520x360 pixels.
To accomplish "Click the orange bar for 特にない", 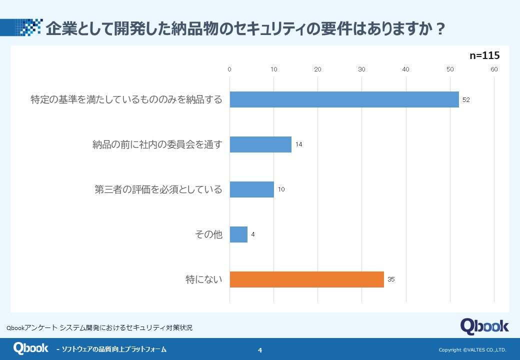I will [306, 279].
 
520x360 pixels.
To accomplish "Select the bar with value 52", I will [344, 99].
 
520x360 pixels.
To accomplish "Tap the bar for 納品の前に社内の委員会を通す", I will [260, 144].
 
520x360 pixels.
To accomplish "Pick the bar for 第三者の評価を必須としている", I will [251, 189].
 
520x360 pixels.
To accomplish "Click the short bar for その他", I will [238, 234].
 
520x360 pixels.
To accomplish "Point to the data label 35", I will [391, 279].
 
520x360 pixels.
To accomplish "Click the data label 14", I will [298, 144].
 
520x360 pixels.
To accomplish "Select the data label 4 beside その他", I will [253, 234].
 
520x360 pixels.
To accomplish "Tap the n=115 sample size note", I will [484, 56].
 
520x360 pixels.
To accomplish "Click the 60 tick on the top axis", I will [494, 69].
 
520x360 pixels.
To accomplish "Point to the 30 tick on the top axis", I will [361, 69].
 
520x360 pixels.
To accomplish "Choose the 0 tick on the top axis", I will [229, 69].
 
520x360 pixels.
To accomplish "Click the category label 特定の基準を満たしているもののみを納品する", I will [126, 99].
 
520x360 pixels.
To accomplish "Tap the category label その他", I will [208, 234].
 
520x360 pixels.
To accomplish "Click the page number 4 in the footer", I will [260, 350].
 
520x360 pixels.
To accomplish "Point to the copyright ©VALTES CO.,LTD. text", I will [472, 350].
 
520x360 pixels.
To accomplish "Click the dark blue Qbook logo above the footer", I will [484, 326].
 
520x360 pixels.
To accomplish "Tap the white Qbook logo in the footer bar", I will [30, 348].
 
